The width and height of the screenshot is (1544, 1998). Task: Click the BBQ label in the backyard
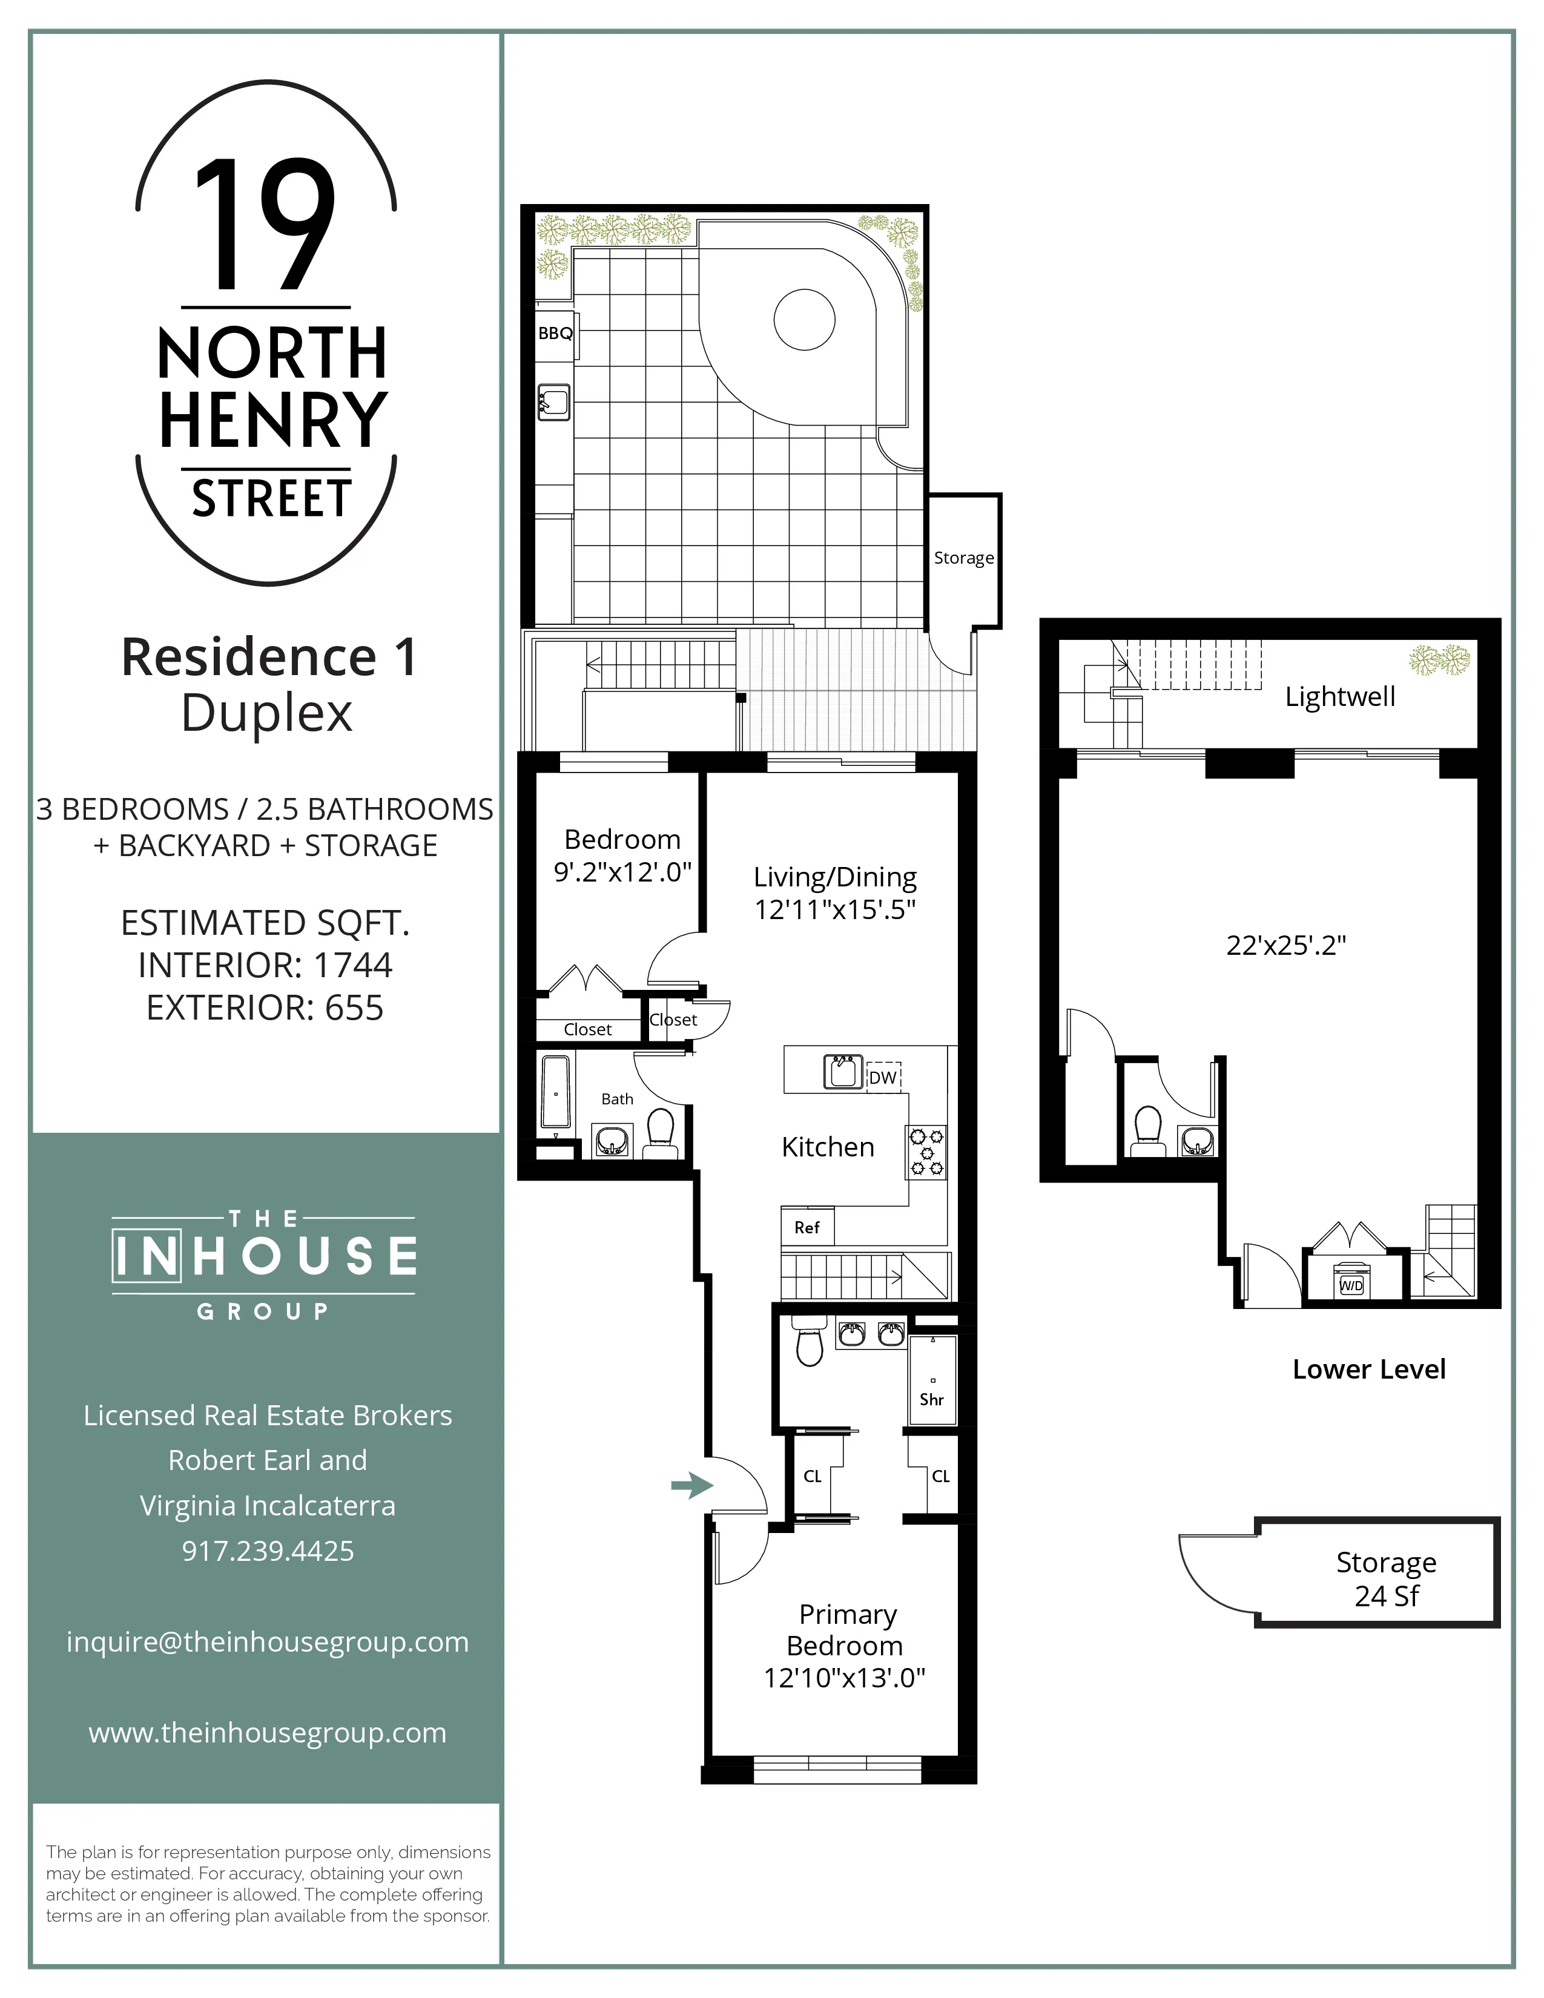coord(555,333)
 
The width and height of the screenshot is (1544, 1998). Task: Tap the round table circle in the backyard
coord(804,319)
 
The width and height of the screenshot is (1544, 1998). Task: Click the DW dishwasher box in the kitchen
coord(883,1078)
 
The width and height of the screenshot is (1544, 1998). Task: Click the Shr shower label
coord(931,1399)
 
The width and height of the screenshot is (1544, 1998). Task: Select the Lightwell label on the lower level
coord(1340,696)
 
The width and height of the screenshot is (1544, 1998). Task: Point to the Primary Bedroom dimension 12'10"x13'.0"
coord(844,1678)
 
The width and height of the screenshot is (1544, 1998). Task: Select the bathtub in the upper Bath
coord(555,1093)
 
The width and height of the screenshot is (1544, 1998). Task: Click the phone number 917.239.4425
coord(267,1551)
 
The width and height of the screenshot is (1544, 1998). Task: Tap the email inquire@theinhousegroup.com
coord(267,1641)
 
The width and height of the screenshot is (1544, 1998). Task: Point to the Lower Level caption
coord(1368,1370)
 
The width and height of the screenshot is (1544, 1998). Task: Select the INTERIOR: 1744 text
coord(265,965)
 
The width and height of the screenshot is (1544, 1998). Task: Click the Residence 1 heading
coord(269,657)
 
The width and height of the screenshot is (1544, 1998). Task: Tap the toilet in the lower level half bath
coord(1146,1131)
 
